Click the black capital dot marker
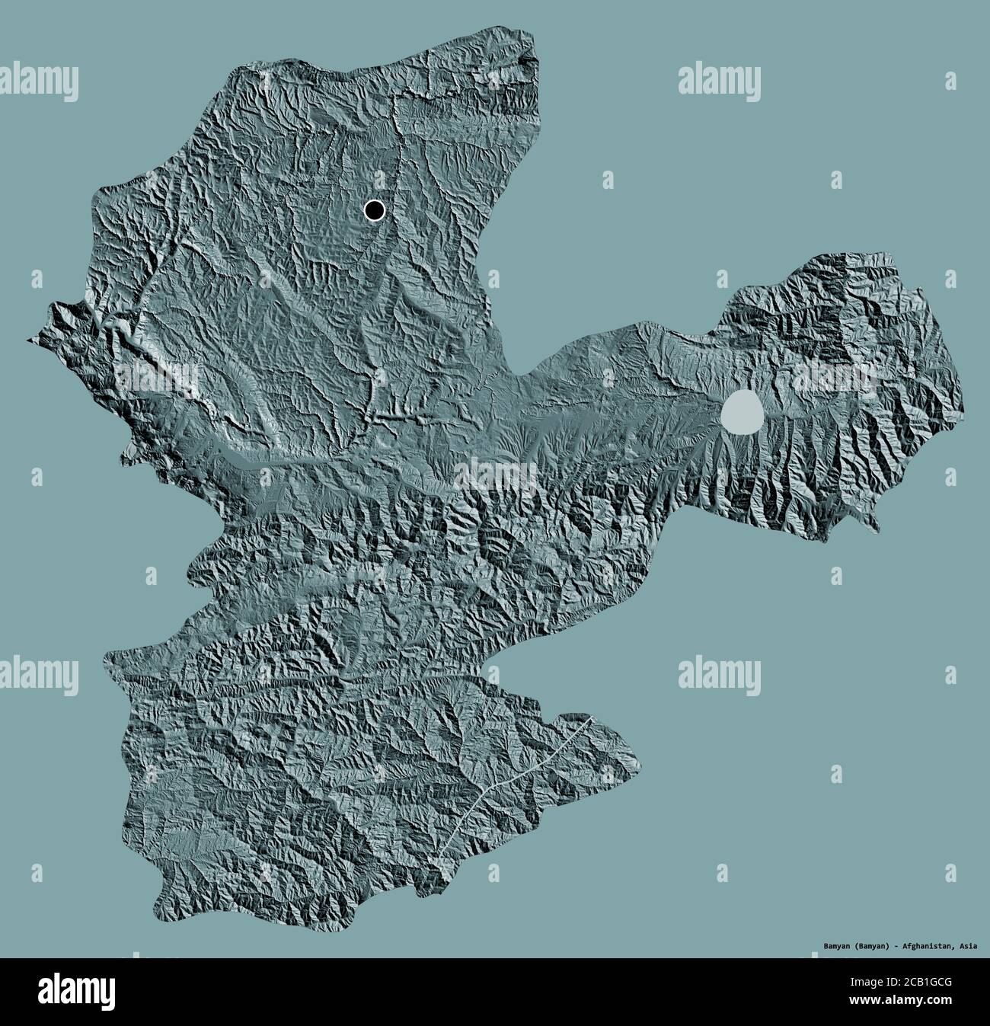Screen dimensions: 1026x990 374,210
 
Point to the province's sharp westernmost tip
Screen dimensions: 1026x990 27,340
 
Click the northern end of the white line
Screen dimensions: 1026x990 590,717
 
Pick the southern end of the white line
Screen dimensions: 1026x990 436,861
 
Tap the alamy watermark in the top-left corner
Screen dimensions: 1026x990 40,82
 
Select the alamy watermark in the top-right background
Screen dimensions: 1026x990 719,82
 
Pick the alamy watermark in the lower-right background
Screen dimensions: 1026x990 719,673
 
